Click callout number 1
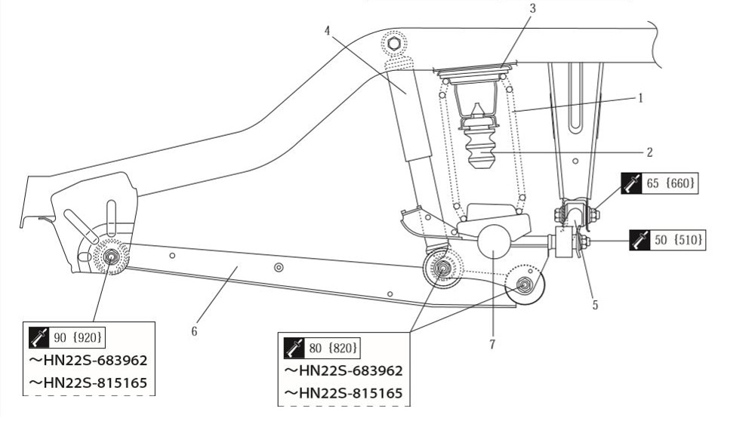[640, 98]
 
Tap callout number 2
[649, 152]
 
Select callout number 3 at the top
[532, 8]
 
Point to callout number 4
[328, 31]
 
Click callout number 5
[595, 305]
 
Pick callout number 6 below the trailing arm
[194, 331]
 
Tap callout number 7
[492, 345]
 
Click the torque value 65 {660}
[670, 183]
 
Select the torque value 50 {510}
[679, 239]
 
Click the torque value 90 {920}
[78, 337]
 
